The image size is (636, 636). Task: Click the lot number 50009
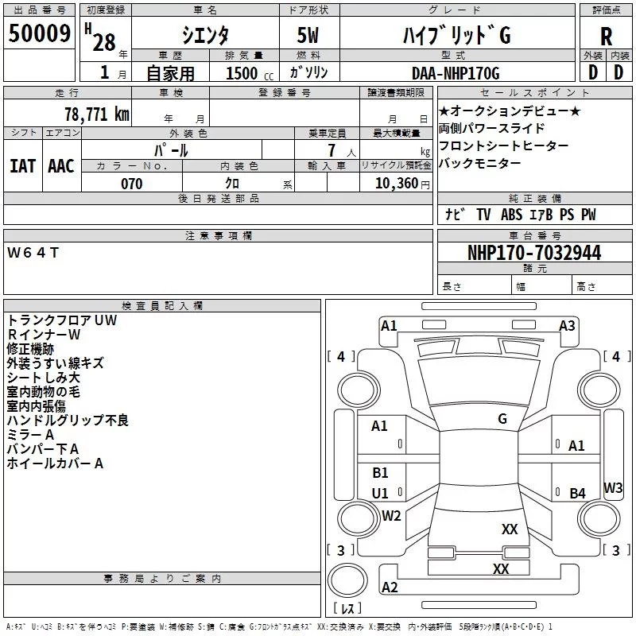39,33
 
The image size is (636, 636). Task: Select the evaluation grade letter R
606,37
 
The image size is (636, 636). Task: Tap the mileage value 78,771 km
97,114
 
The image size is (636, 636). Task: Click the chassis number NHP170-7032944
534,253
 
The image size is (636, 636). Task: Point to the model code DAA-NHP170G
456,73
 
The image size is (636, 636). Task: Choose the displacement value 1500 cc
250,73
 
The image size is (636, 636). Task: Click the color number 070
132,184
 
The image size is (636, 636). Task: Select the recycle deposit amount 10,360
397,184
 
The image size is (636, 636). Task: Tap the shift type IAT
23,166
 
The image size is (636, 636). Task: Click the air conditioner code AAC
61,166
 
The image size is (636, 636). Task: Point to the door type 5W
308,35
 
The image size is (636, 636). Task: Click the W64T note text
33,253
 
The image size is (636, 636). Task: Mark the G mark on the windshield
502,419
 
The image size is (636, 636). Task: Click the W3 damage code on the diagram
612,487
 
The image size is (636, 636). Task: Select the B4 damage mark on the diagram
577,493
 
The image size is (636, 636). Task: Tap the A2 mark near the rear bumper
390,587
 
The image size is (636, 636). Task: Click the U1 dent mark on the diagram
380,493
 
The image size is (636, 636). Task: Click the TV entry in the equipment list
483,214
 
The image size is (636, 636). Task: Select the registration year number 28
104,42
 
